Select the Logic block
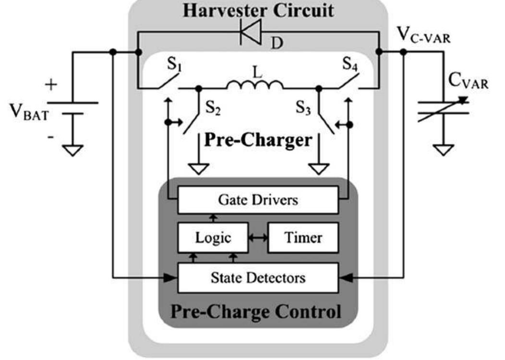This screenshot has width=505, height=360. pyautogui.click(x=213, y=238)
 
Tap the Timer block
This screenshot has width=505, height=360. pyautogui.click(x=303, y=238)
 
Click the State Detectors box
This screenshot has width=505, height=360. pyautogui.click(x=258, y=277)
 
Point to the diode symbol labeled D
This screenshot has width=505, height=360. pyautogui.click(x=250, y=33)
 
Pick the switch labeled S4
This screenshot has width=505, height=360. pyautogui.click(x=349, y=84)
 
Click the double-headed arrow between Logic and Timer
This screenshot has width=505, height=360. pyautogui.click(x=257, y=238)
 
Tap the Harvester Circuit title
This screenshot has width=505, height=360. pyautogui.click(x=258, y=10)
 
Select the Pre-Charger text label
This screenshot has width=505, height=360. pyautogui.click(x=258, y=140)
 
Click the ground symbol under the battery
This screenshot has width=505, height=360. pyautogui.click(x=73, y=151)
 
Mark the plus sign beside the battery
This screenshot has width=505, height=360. pyautogui.click(x=51, y=85)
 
